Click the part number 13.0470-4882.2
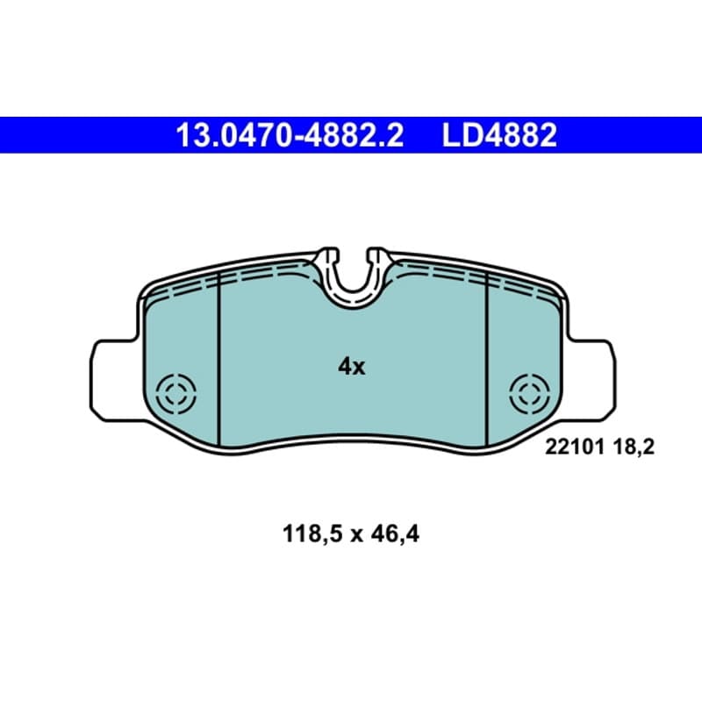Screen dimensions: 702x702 [290, 135]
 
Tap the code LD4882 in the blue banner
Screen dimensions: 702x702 [499, 135]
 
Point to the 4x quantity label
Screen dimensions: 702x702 [352, 367]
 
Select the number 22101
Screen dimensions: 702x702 [575, 447]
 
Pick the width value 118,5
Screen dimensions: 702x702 [312, 534]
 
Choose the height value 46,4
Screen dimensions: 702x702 [396, 534]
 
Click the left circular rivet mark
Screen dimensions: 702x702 [176, 394]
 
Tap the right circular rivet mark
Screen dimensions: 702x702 [530, 394]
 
